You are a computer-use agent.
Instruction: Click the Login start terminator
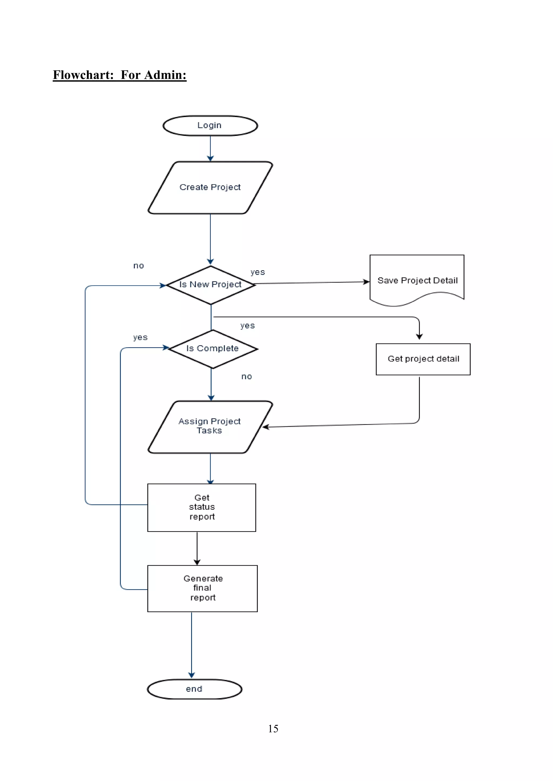tap(210, 125)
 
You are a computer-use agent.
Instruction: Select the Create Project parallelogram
tap(210, 187)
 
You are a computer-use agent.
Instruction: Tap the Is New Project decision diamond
tap(210, 285)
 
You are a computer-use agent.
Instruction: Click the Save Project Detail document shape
tap(417, 280)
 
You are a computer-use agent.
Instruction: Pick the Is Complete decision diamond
tap(213, 349)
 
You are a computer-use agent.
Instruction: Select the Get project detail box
tap(423, 359)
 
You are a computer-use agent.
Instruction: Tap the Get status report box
tap(202, 507)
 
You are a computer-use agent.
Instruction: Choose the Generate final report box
tap(202, 588)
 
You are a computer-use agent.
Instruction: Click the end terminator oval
tap(194, 689)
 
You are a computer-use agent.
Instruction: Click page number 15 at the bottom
tap(273, 729)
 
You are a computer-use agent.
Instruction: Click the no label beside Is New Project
tap(139, 266)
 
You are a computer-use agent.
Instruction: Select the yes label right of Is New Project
tap(258, 272)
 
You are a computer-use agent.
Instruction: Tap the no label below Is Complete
tap(247, 376)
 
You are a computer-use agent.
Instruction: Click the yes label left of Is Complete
tap(140, 337)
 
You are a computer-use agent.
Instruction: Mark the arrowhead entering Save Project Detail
tap(366, 282)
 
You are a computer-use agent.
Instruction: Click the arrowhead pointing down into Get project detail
tap(419, 336)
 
